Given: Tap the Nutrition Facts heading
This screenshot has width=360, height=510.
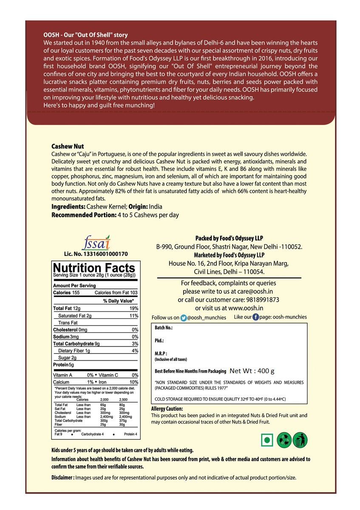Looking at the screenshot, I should (94, 268).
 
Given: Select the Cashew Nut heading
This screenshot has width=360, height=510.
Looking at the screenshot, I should (68, 146).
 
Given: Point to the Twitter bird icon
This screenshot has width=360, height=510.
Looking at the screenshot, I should (183, 317).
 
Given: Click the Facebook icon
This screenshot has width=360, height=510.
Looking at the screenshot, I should (256, 317).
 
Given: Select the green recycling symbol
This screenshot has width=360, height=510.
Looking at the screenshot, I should (283, 440).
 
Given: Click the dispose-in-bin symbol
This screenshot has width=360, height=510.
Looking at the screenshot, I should (300, 440).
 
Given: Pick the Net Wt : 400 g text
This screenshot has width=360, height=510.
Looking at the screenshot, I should (252, 371).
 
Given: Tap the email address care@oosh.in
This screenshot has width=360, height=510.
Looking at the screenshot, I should (254, 292).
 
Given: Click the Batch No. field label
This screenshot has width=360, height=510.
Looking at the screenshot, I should (164, 328).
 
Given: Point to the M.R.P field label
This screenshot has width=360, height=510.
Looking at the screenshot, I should (161, 353).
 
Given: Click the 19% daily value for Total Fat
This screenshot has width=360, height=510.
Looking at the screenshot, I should (134, 308).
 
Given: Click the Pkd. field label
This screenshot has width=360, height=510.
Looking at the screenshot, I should (159, 341).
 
